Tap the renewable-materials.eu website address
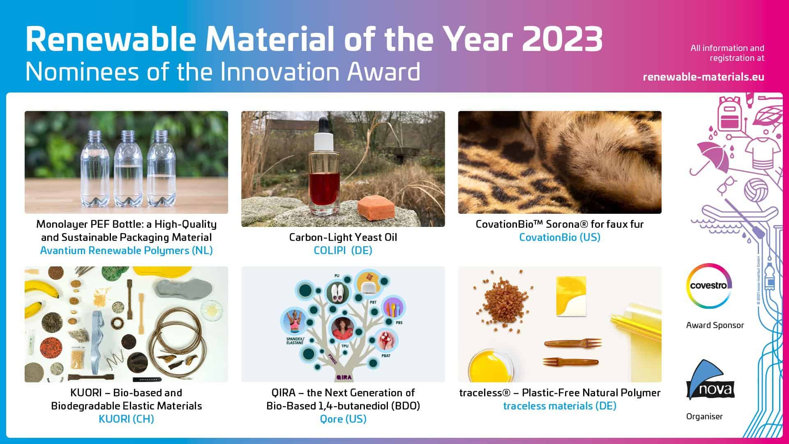(x=703, y=77)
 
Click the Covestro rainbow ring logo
(x=709, y=285)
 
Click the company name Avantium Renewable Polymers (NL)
(x=126, y=250)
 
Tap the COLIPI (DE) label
(x=343, y=250)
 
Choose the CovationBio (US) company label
(x=559, y=237)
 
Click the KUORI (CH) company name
(x=126, y=419)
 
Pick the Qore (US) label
(x=343, y=419)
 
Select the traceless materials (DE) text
(x=559, y=406)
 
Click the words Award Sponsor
(x=715, y=325)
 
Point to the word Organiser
(x=704, y=416)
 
